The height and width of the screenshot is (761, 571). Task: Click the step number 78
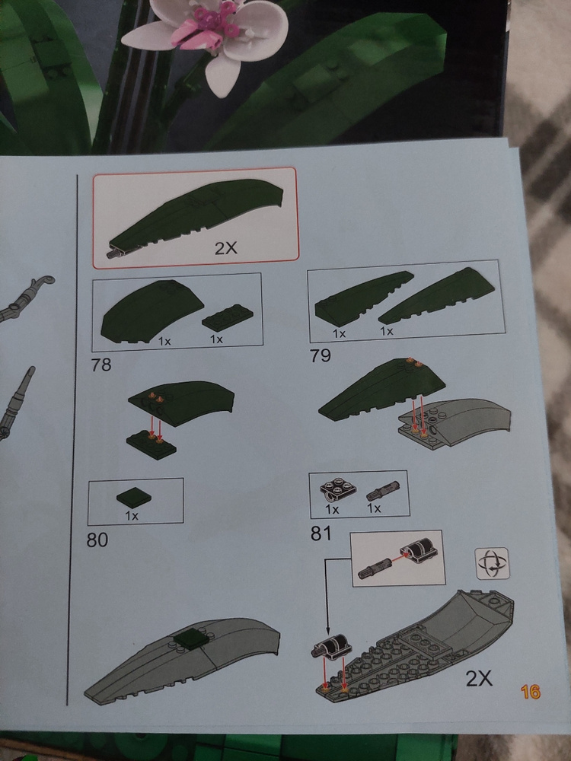click(101, 365)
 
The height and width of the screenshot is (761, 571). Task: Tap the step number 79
click(321, 355)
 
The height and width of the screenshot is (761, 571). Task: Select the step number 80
click(97, 540)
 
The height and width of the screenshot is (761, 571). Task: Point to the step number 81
click(321, 533)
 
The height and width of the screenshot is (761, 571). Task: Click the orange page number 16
click(530, 692)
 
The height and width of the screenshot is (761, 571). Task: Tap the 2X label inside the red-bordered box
click(226, 248)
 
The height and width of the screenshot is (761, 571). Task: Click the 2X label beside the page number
click(479, 678)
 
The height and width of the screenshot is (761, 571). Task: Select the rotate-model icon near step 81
click(493, 563)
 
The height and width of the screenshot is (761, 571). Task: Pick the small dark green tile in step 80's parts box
click(134, 498)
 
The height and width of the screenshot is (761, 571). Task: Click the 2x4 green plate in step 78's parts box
click(227, 317)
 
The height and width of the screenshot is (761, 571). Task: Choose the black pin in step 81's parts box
click(383, 490)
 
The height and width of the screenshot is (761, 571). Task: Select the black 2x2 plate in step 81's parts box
click(338, 491)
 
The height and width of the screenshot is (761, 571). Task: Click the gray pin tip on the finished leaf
click(115, 253)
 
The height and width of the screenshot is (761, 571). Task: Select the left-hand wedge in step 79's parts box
click(363, 298)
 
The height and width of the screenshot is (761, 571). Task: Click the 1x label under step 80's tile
click(132, 515)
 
